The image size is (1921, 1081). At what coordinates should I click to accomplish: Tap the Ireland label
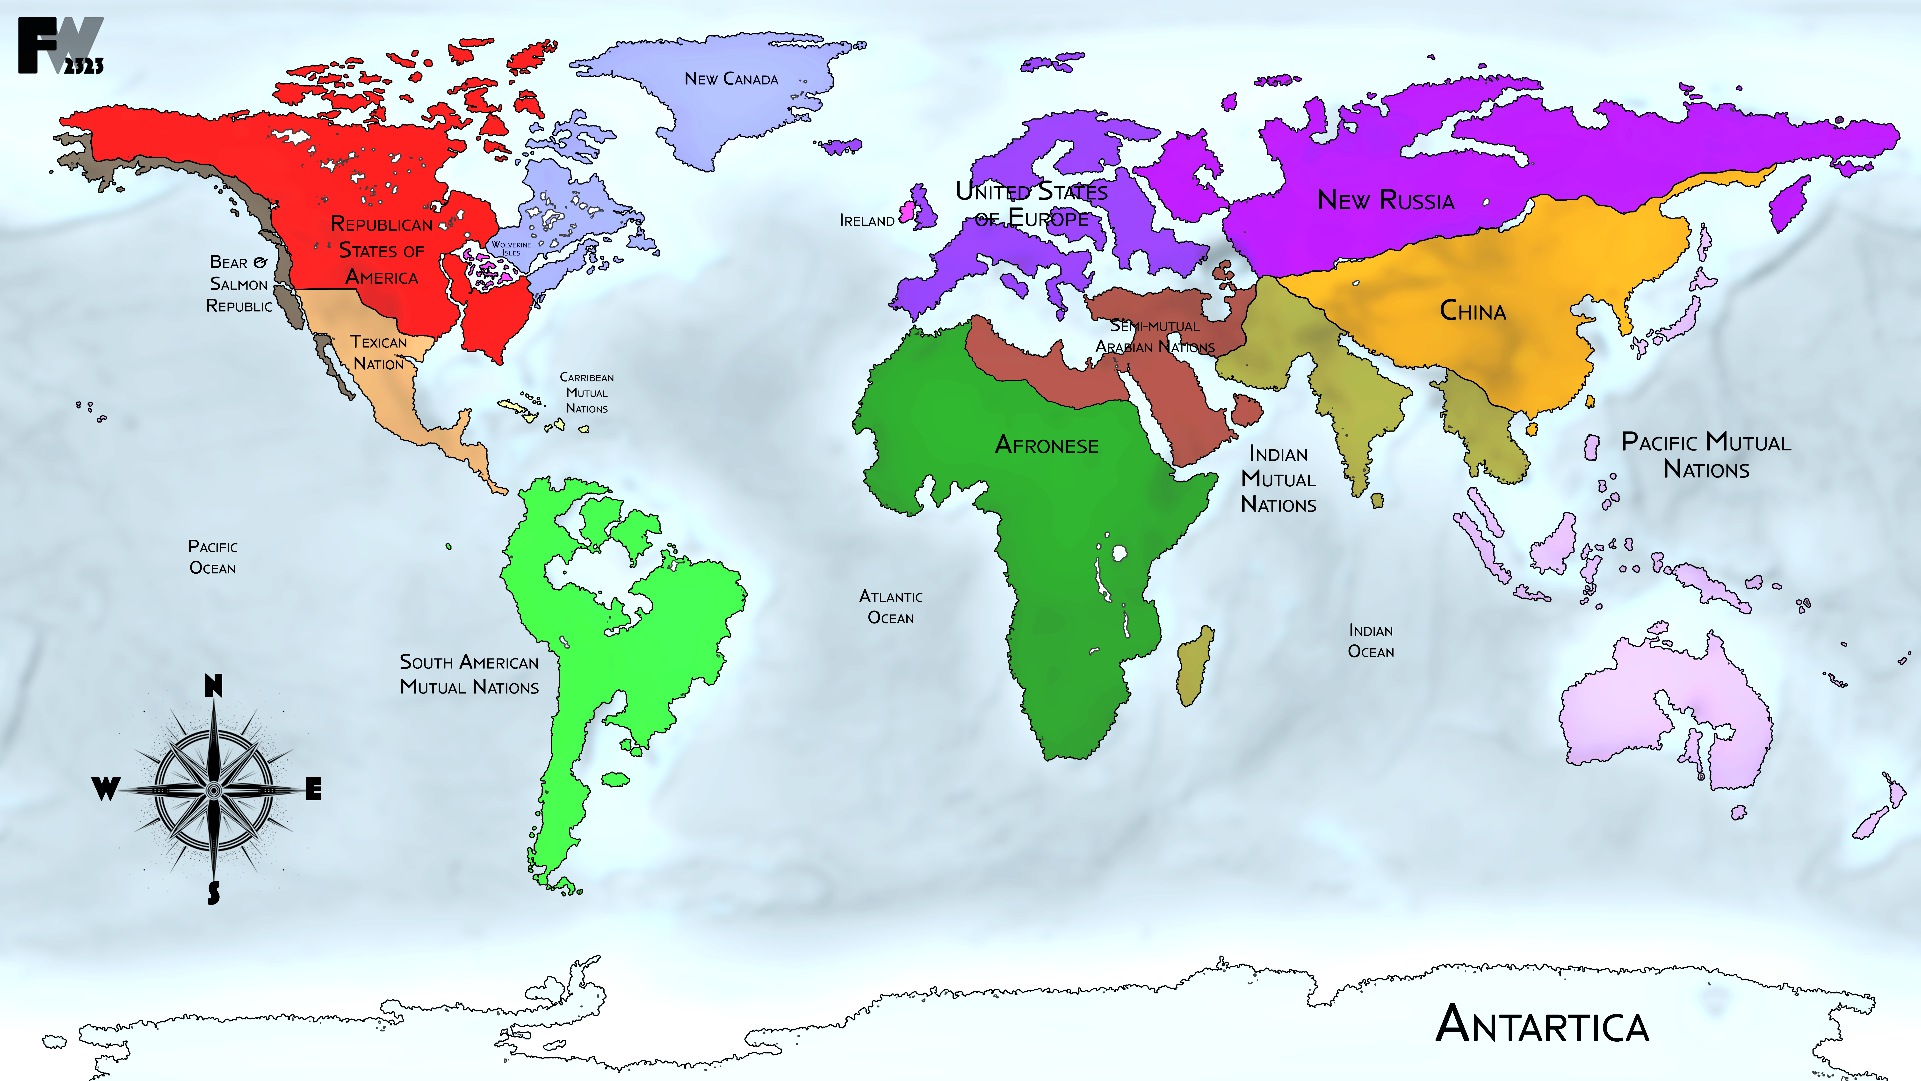click(x=867, y=221)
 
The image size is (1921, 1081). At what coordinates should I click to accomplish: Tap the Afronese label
click(x=1046, y=446)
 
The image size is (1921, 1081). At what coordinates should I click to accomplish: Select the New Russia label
click(x=1386, y=200)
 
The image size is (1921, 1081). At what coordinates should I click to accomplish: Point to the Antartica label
click(x=1542, y=1024)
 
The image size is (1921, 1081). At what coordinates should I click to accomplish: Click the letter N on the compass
click(x=213, y=685)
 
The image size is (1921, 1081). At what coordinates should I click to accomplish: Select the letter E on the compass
click(x=314, y=789)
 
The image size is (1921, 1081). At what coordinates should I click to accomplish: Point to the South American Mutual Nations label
click(x=469, y=674)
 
